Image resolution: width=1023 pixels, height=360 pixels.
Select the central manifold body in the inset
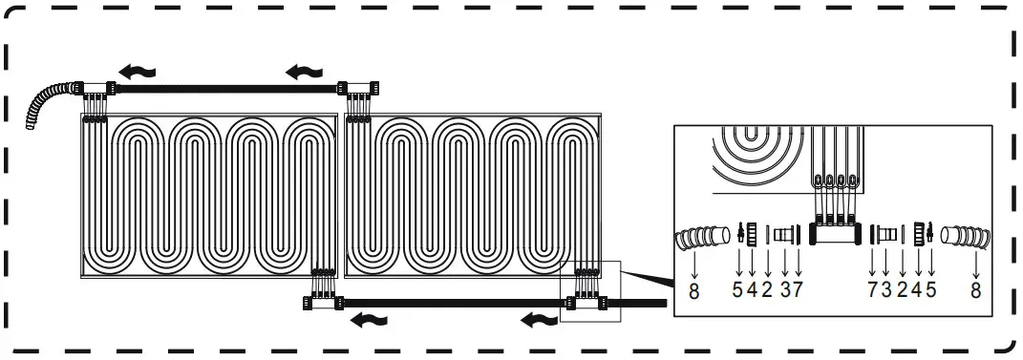tap(835, 233)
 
